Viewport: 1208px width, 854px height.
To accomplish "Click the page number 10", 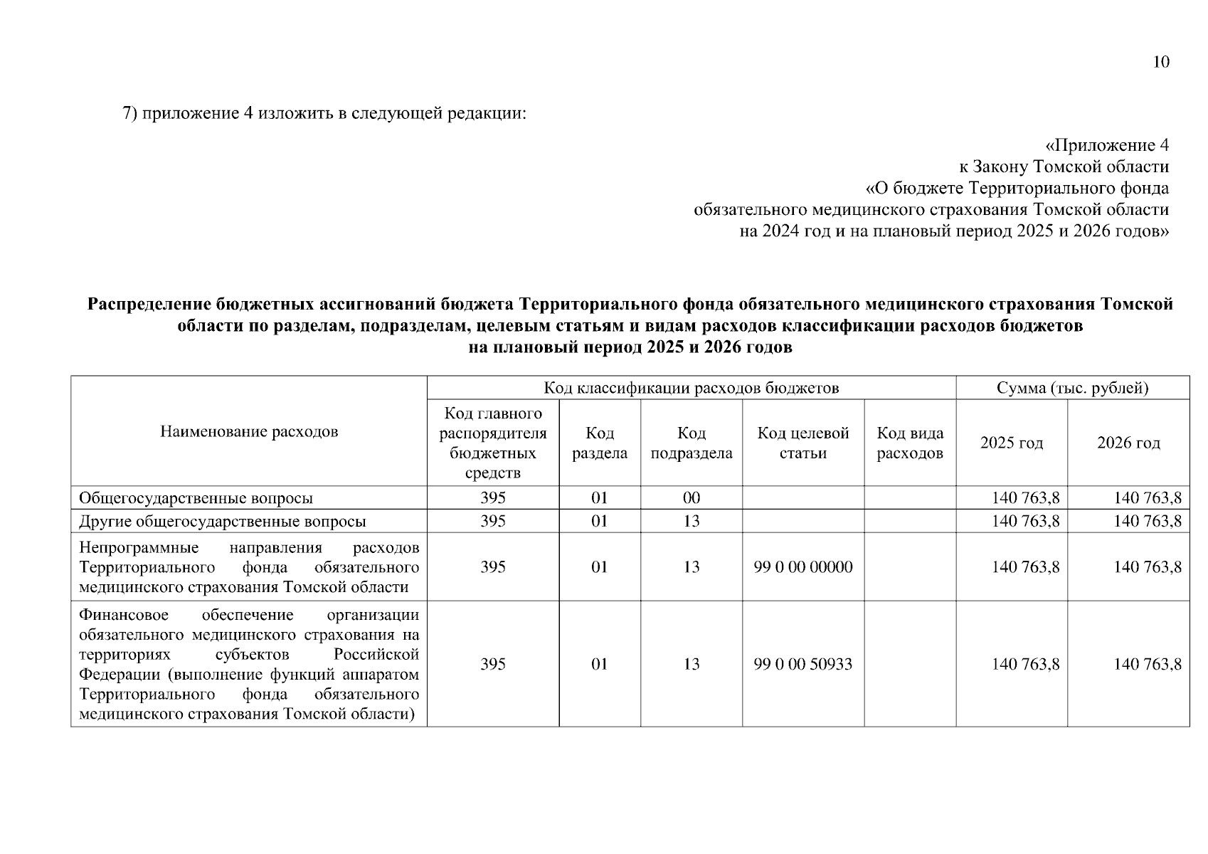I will click(x=1160, y=62).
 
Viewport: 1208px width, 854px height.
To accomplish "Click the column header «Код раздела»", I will click(x=600, y=443).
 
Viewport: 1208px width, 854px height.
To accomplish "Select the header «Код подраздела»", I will click(x=691, y=443).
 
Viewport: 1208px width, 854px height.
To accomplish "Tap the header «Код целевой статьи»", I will click(x=803, y=443).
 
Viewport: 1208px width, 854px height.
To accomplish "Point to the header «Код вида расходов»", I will click(x=910, y=443).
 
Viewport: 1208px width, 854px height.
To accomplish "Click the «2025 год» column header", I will click(x=1012, y=443).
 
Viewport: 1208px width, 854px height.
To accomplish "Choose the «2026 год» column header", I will click(x=1128, y=443).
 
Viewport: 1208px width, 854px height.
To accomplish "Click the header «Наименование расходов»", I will click(x=249, y=431).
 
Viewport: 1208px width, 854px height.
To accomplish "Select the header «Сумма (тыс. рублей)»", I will click(x=1072, y=388).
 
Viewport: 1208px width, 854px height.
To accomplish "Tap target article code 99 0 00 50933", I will click(x=803, y=664).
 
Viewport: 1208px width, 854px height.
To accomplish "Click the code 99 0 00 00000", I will click(x=803, y=566).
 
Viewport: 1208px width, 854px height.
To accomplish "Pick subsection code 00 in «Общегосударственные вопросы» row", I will click(x=691, y=498).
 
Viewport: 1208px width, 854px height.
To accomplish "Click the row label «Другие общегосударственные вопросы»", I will click(x=223, y=521).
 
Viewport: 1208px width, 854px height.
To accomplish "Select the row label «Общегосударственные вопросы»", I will click(x=196, y=498).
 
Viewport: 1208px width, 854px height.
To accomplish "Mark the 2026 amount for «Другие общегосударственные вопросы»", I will click(x=1147, y=521).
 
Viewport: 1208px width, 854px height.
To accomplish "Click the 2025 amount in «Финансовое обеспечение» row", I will click(x=1025, y=664).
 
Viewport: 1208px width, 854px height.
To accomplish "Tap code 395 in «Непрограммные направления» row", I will click(x=493, y=566).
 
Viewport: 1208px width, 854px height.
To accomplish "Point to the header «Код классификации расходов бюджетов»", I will click(x=691, y=388).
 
